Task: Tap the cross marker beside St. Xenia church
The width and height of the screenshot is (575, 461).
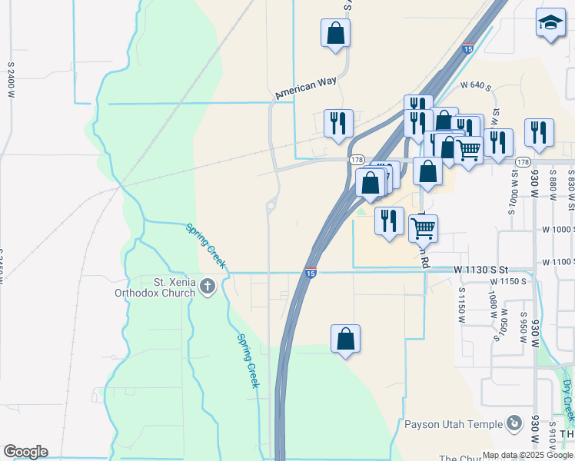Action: (x=207, y=287)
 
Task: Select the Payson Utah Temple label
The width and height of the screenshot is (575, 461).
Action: (x=453, y=424)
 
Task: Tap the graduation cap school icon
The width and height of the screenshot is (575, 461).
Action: (x=550, y=25)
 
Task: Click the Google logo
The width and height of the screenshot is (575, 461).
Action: (x=25, y=452)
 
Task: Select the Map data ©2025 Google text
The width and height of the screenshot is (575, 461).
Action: (x=527, y=455)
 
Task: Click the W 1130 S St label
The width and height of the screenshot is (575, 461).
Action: (x=481, y=270)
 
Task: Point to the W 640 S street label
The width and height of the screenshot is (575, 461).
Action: (x=475, y=85)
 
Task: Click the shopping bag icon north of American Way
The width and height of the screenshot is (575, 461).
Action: (x=335, y=33)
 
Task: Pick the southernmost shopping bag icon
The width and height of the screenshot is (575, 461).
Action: (x=345, y=338)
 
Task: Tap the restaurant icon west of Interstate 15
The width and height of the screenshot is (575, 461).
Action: (x=338, y=124)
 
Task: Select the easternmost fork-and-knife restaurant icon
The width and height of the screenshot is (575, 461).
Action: (x=539, y=133)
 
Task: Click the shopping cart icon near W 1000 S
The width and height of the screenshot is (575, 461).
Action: (x=423, y=227)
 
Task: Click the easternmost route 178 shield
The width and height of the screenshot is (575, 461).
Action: (x=523, y=162)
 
